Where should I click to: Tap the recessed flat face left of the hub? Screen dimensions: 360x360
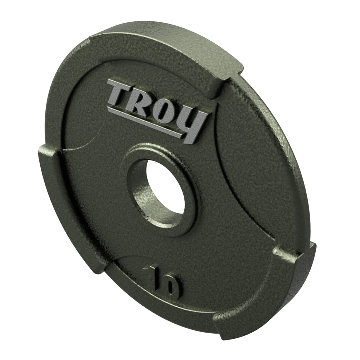97,180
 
